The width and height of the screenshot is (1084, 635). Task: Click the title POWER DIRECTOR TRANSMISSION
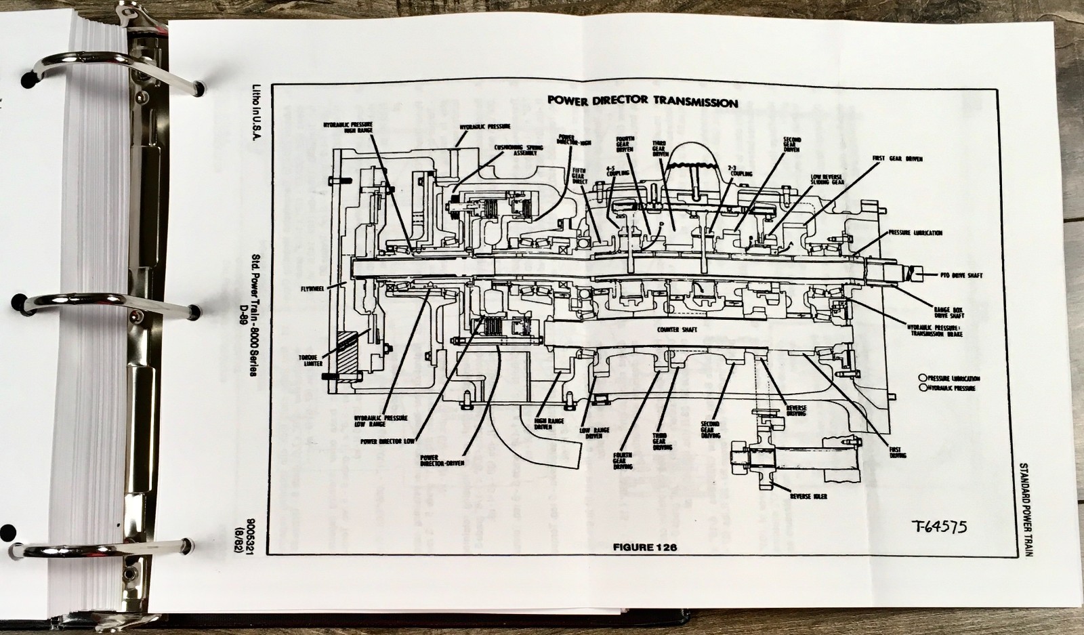pos(642,102)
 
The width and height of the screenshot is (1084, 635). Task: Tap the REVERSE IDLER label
pos(808,496)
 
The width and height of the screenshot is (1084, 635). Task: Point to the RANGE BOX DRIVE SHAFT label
pos(948,311)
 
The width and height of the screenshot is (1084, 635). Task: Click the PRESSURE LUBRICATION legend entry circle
pos(922,377)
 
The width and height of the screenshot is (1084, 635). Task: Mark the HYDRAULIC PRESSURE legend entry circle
pos(922,388)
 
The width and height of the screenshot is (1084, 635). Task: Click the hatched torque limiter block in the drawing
pos(346,357)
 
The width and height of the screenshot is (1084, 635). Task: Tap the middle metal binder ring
pos(102,302)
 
